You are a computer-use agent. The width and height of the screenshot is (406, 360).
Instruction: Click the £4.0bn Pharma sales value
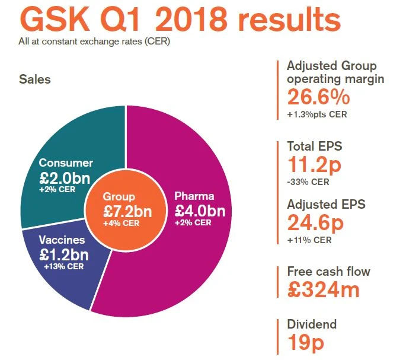point(200,211)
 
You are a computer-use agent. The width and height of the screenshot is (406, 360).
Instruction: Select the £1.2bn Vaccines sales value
point(64,255)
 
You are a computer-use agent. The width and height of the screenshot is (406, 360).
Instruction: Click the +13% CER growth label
point(64,266)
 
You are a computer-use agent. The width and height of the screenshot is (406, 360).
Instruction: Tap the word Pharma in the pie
point(194,196)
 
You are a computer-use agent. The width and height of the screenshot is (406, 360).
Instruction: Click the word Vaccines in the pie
point(63,241)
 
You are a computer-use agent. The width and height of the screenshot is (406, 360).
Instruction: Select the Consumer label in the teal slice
point(66,163)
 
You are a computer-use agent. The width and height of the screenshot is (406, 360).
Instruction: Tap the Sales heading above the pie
point(34,79)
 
